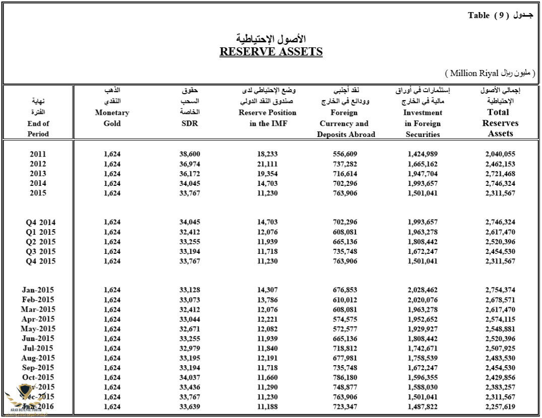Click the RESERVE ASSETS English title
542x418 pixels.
point(271,51)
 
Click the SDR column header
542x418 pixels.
point(190,124)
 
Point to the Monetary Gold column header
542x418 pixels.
point(112,118)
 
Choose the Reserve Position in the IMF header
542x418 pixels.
point(267,118)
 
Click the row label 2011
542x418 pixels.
point(38,154)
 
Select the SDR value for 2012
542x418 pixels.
point(190,164)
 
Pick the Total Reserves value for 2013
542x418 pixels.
point(500,174)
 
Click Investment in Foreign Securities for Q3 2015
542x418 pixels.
point(423,251)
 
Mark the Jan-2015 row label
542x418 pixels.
point(38,290)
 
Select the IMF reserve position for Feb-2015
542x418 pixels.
point(267,300)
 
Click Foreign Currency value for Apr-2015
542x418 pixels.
point(346,319)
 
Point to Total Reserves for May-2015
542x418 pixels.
point(500,329)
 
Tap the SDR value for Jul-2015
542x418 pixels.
point(190,348)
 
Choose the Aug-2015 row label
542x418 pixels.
point(38,358)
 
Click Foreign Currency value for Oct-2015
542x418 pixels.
point(346,377)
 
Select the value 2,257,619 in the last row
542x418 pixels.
point(500,406)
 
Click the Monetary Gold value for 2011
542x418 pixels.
point(112,154)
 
